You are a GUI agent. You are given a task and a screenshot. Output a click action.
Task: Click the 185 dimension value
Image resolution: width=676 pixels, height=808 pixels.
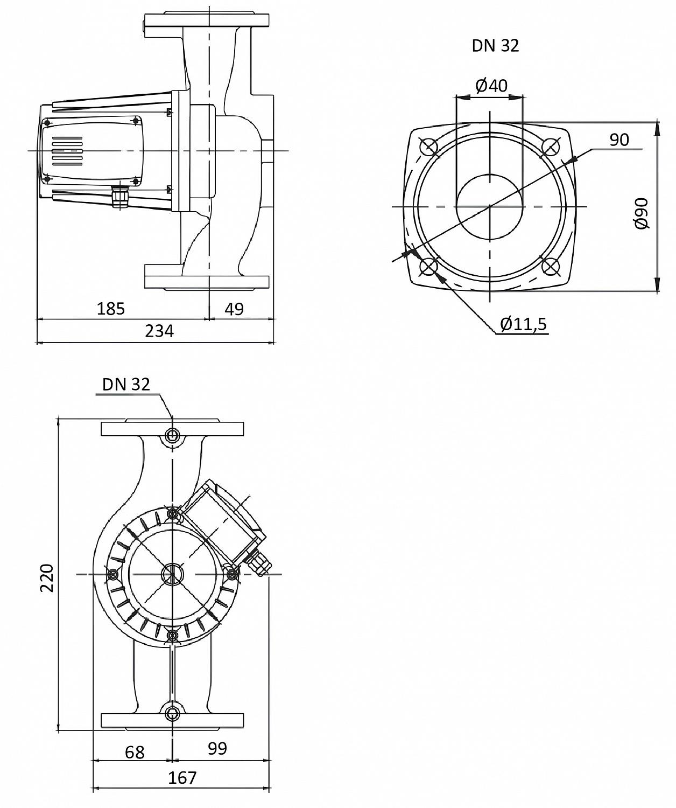click(111, 309)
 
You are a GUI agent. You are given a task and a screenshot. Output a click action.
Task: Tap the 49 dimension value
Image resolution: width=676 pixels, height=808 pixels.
click(234, 309)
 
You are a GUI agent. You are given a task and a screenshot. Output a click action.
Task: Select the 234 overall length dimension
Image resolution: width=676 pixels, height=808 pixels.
click(159, 331)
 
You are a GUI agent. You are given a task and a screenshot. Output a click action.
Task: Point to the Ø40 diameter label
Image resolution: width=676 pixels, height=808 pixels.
click(491, 85)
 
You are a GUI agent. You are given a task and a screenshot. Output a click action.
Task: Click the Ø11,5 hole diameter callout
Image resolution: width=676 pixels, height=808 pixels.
click(523, 324)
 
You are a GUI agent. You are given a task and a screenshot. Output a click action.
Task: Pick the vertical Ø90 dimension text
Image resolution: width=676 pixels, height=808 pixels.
click(642, 214)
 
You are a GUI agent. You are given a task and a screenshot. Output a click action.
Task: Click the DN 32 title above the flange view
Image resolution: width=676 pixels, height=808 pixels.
click(495, 46)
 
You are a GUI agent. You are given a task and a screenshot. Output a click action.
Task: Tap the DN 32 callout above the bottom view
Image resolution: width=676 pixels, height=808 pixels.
click(126, 384)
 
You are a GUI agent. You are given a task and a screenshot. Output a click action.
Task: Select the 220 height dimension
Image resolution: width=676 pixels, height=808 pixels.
click(47, 577)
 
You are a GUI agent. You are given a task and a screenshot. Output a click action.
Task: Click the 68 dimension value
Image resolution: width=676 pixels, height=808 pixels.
click(135, 752)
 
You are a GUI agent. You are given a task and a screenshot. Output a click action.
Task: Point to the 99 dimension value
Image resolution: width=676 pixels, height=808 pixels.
click(217, 748)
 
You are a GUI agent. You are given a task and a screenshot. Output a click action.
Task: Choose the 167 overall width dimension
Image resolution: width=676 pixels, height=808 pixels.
click(182, 778)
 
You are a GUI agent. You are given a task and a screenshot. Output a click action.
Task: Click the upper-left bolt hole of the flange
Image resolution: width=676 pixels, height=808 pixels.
click(429, 146)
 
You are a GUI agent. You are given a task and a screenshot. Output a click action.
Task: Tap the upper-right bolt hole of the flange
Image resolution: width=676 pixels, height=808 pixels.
click(550, 146)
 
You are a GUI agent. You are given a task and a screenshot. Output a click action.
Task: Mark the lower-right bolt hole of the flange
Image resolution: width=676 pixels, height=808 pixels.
click(550, 267)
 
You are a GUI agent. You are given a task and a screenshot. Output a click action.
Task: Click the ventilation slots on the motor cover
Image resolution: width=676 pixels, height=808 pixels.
click(67, 151)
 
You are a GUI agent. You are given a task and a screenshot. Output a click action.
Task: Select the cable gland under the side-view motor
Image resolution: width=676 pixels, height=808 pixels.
click(119, 197)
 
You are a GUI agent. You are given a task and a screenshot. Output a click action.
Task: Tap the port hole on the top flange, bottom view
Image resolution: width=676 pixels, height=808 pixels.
click(172, 435)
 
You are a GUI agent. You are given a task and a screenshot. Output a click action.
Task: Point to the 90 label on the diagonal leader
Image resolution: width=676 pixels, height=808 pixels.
click(619, 140)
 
